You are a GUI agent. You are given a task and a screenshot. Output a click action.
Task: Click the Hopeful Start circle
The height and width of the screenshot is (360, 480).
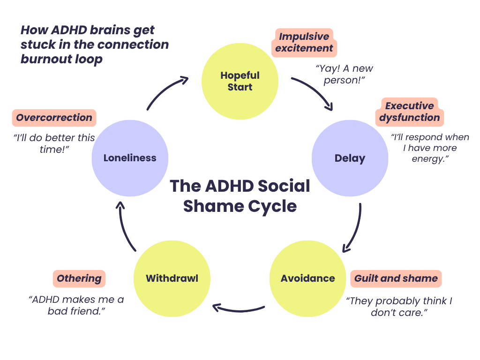point(240,81)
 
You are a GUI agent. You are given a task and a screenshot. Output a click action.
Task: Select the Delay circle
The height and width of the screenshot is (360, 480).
point(350,158)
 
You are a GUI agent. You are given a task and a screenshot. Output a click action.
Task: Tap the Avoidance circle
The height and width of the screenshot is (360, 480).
point(307,278)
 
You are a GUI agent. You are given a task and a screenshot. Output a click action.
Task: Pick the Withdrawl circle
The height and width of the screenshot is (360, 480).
point(172,278)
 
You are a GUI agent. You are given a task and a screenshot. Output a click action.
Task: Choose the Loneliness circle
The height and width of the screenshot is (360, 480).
point(130,158)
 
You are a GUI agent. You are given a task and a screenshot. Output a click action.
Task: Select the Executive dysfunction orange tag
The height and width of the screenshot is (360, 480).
point(409,112)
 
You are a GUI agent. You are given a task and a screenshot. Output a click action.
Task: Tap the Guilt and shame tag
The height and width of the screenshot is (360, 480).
point(396,278)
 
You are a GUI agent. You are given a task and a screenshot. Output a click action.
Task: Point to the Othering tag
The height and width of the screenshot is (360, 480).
point(79,278)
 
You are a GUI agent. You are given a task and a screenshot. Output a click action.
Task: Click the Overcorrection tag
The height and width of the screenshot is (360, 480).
point(54,118)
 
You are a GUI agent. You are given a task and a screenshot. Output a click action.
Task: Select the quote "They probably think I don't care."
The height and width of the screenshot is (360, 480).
point(399,307)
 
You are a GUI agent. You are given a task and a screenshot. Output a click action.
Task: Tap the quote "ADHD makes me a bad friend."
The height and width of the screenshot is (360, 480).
point(76,305)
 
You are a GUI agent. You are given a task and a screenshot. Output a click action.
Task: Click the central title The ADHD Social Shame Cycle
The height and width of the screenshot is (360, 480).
point(240,196)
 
